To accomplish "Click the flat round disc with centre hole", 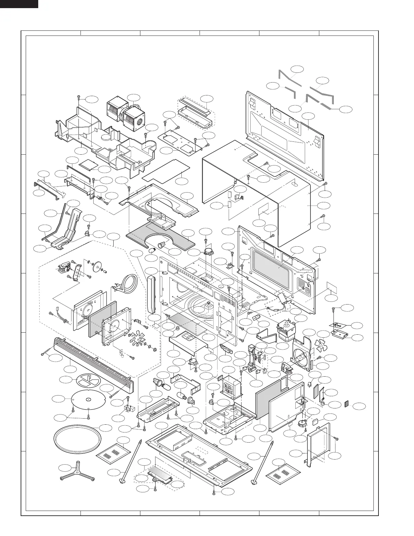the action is [87, 400].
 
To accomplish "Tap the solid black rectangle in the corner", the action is [19, 4].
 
